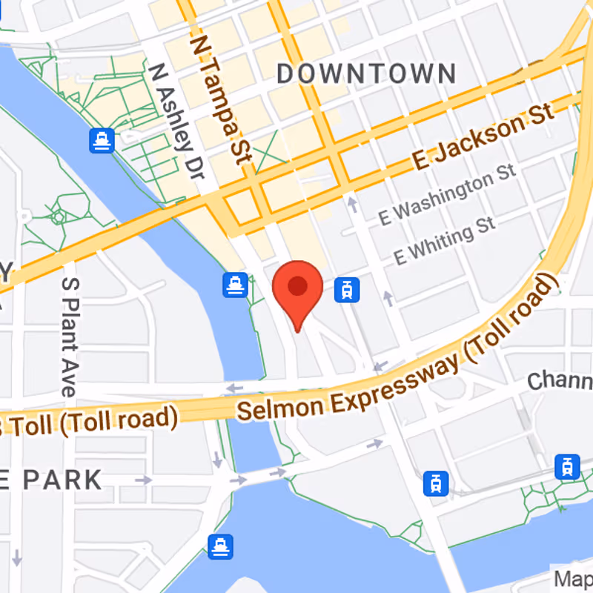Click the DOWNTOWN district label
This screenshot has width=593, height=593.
[x=366, y=73]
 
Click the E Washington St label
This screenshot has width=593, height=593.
[x=447, y=195]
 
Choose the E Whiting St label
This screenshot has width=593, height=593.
[x=444, y=242]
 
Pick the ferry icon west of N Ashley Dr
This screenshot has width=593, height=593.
[x=101, y=141]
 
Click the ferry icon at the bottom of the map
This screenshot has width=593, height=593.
[x=221, y=546]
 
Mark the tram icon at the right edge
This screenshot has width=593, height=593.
[x=567, y=467]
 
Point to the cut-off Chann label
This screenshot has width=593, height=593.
[x=560, y=381]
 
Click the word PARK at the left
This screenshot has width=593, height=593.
[x=62, y=480]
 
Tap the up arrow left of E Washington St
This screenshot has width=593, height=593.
[x=353, y=202]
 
